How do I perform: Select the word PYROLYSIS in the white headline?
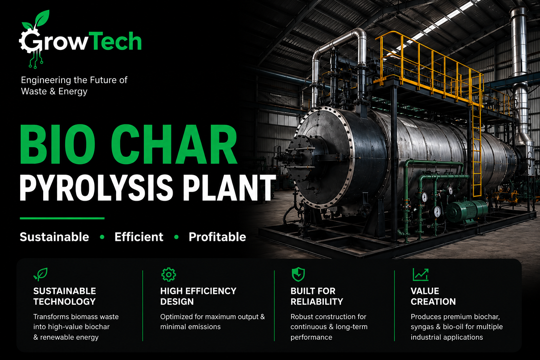click(x=96, y=188)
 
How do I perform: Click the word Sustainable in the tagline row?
click(x=54, y=237)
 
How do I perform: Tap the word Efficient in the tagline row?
click(x=139, y=237)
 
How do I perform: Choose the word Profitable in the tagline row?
click(x=218, y=237)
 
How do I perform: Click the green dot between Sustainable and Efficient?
click(x=102, y=237)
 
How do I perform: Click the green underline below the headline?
click(x=62, y=218)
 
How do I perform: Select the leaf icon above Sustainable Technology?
click(x=40, y=274)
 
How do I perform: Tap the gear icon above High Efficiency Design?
click(x=168, y=275)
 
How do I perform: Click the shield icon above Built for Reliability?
click(x=298, y=274)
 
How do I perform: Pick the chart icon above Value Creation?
click(x=421, y=275)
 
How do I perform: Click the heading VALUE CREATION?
click(x=433, y=296)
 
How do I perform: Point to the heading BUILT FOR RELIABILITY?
click(x=317, y=296)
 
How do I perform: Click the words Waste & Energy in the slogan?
click(x=54, y=91)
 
